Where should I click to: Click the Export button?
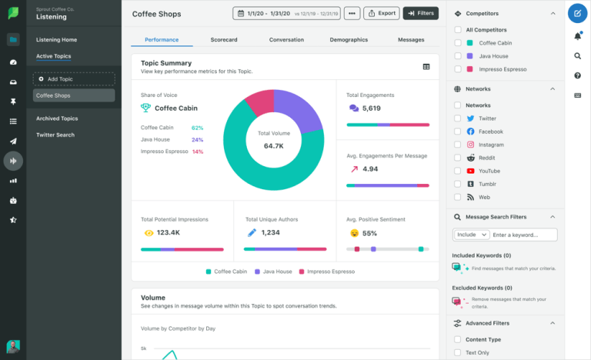(x=381, y=13)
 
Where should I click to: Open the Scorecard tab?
(x=223, y=39)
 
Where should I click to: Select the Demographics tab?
(x=349, y=39)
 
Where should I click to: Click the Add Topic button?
(x=74, y=78)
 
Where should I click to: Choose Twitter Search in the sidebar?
(x=55, y=135)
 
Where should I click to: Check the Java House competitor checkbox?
(x=459, y=56)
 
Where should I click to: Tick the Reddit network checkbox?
(x=459, y=158)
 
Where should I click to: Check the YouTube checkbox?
(x=459, y=171)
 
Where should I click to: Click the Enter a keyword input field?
(x=524, y=235)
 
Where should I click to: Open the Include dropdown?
(x=472, y=235)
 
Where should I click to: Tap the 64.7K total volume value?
(x=274, y=145)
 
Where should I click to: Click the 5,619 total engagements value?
(x=371, y=108)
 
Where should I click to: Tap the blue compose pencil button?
(x=577, y=13)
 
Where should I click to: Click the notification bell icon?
(x=577, y=36)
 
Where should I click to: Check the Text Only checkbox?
(x=459, y=352)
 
